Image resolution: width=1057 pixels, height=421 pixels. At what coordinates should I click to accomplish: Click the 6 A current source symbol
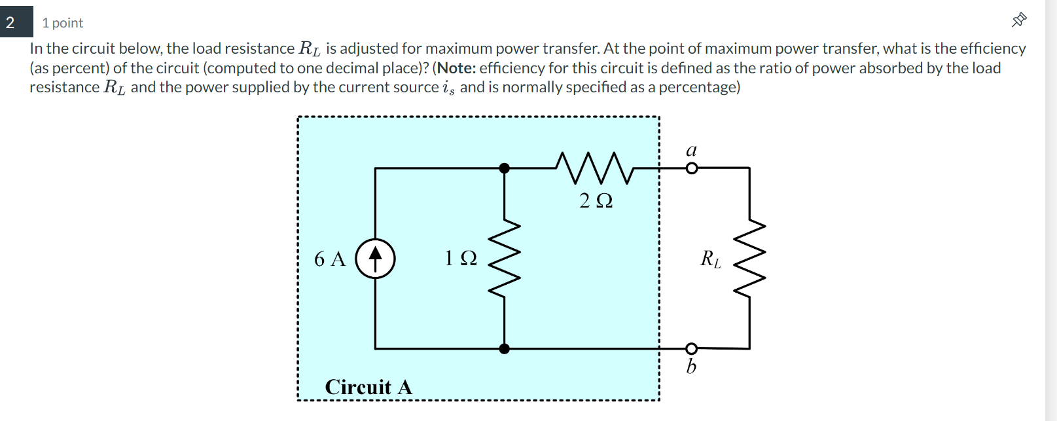(x=375, y=259)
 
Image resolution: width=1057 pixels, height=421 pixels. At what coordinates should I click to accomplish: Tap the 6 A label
(x=330, y=259)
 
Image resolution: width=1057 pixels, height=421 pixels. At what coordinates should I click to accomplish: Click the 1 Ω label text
(x=461, y=258)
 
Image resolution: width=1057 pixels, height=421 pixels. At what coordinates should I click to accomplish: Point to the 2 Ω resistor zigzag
(x=594, y=168)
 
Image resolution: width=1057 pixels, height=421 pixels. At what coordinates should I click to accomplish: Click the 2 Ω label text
(x=596, y=200)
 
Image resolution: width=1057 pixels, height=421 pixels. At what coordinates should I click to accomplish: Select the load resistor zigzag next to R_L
(x=749, y=258)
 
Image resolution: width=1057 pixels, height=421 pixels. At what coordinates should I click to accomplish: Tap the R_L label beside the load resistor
(x=711, y=259)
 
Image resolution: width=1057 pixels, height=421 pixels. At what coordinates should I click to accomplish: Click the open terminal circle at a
(x=691, y=168)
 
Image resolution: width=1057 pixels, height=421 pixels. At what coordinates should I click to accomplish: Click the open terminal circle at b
(x=691, y=348)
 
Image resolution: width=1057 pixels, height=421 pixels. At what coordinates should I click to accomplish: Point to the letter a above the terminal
(x=691, y=150)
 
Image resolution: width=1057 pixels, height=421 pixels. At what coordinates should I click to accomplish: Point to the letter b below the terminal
(x=691, y=366)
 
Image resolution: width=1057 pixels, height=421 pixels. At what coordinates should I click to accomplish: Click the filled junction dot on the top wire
(x=504, y=168)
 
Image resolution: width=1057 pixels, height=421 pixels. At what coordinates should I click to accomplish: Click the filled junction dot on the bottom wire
(x=504, y=349)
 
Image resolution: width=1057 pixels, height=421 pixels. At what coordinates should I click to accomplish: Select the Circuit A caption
(x=368, y=387)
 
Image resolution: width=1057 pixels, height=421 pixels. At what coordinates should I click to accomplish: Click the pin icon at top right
(x=1019, y=20)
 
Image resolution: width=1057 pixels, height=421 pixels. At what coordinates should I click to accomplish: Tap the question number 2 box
(x=16, y=22)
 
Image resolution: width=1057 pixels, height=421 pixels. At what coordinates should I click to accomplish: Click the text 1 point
(x=62, y=23)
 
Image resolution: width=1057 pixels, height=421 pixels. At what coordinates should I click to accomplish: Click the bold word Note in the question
(x=456, y=68)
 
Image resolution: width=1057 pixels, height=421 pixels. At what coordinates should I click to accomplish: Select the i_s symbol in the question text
(x=448, y=88)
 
